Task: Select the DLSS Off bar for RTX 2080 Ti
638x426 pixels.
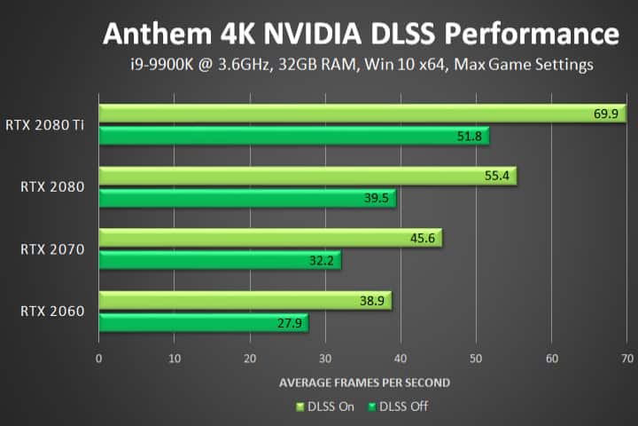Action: pyautogui.click(x=292, y=136)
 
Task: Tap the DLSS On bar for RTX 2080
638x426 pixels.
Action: pyautogui.click(x=306, y=176)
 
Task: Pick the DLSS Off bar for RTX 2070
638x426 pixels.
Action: pyautogui.click(x=219, y=260)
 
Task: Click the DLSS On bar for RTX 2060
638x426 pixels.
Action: pyautogui.click(x=244, y=301)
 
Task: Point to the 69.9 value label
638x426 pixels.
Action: pyautogui.click(x=605, y=114)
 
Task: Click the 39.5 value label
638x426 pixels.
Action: pyautogui.click(x=377, y=198)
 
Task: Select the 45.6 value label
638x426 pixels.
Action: pyautogui.click(x=423, y=239)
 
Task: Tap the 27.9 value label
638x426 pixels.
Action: pyautogui.click(x=290, y=323)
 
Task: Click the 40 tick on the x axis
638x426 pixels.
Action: pyautogui.click(x=401, y=359)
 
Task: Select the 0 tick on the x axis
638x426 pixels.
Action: pyautogui.click(x=98, y=359)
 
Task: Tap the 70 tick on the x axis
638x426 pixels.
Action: pyautogui.click(x=627, y=359)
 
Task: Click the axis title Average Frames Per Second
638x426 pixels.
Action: pyautogui.click(x=364, y=383)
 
